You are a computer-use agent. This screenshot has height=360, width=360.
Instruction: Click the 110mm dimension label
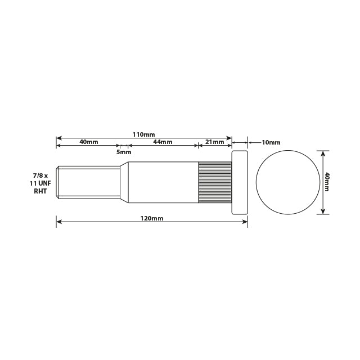coord(143,134)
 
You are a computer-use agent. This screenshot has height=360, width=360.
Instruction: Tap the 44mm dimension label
coord(163,142)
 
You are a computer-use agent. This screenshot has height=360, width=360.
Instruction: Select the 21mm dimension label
coord(215,142)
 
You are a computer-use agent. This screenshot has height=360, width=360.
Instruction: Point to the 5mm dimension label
coord(124,152)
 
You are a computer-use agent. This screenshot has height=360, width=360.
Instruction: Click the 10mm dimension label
coord(271,142)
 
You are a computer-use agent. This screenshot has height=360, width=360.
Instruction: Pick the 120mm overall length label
coord(152,218)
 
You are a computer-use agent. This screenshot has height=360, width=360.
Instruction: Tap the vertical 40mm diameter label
coord(327,182)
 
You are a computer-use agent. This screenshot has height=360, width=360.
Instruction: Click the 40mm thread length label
coord(89,142)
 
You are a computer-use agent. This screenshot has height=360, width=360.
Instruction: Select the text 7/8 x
coord(40,176)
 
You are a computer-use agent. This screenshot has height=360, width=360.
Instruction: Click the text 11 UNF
coord(40,183)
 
